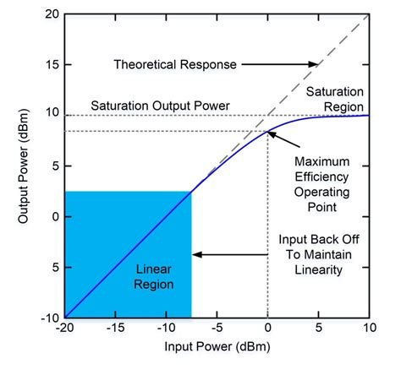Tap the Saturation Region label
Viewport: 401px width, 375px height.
(x=335, y=99)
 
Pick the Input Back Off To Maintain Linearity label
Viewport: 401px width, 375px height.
(x=321, y=254)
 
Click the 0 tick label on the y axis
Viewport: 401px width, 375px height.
(x=54, y=217)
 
